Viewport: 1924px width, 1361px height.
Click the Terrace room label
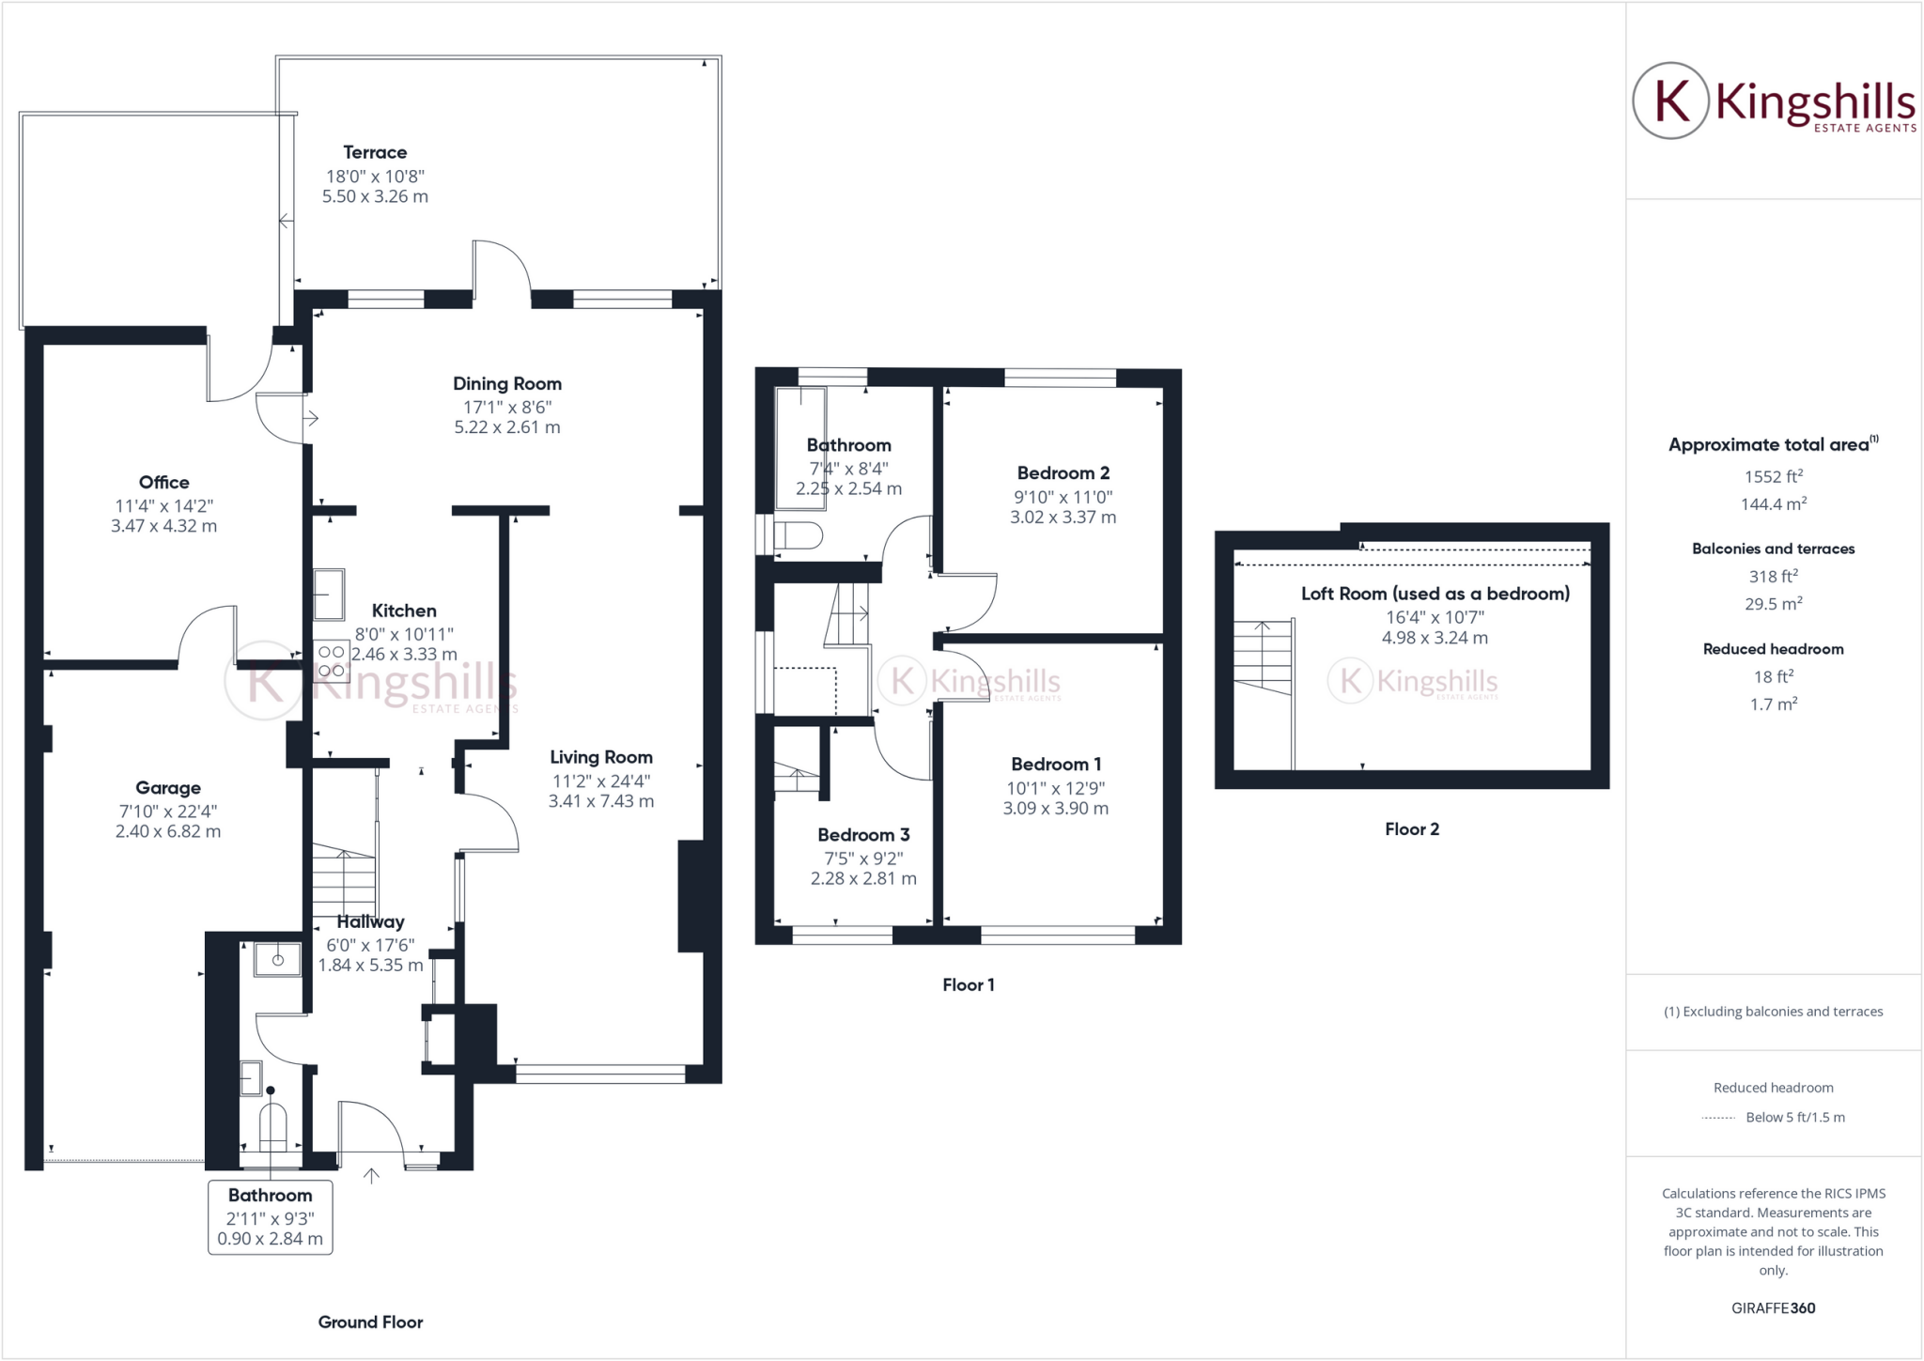pos(375,152)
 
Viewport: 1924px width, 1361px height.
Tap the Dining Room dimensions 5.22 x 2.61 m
pos(506,427)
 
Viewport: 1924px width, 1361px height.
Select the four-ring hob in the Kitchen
pos(331,661)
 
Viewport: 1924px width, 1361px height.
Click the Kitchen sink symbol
pos(329,595)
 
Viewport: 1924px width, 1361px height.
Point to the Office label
pos(163,483)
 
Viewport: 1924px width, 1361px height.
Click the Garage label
pos(167,788)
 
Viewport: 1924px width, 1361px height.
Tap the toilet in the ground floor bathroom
pos(272,1126)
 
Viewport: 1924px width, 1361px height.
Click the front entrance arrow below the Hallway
pos(371,1176)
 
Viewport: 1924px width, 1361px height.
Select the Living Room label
pos(600,757)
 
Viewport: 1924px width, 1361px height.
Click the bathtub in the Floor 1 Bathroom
pos(799,449)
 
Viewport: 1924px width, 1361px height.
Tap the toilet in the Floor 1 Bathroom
pos(798,536)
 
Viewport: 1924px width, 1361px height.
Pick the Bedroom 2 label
pos(1063,473)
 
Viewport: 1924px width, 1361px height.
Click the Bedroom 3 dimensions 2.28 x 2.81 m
pos(863,879)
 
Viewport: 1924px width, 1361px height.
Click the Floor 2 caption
pos(1411,829)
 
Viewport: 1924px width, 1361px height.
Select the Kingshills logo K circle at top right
pos(1669,101)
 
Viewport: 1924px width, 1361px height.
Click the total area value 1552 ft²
pos(1773,477)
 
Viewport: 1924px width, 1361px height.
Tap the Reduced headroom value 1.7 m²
pos(1773,704)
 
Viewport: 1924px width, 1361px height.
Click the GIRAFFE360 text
pos(1773,1308)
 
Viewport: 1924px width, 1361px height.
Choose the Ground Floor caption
pos(370,1322)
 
